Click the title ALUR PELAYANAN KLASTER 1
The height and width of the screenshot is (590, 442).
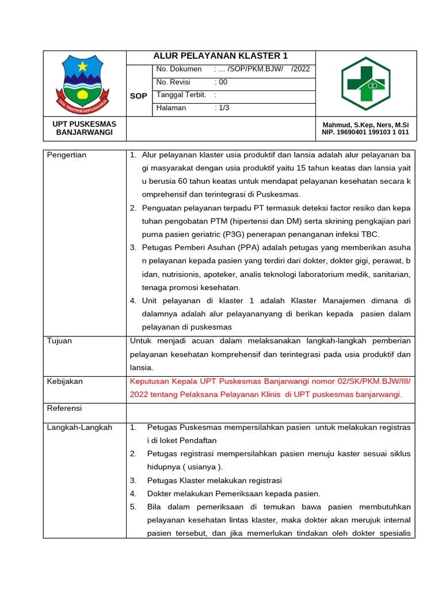220,56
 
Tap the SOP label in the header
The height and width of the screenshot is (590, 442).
139,96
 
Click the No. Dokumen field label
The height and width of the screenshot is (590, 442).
179,69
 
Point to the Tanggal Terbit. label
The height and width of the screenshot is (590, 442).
181,94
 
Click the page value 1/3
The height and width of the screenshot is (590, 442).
222,108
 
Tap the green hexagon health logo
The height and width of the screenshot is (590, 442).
365,83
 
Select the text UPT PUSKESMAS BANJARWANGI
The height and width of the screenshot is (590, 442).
85,128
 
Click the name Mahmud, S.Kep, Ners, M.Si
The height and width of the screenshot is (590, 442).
365,124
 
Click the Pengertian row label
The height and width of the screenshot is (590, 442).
67,155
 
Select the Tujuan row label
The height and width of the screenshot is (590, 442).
59,341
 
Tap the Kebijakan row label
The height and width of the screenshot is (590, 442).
65,381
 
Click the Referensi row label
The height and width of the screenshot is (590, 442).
64,408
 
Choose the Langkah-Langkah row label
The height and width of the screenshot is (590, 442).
79,428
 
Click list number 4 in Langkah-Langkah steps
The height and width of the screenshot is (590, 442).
133,494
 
